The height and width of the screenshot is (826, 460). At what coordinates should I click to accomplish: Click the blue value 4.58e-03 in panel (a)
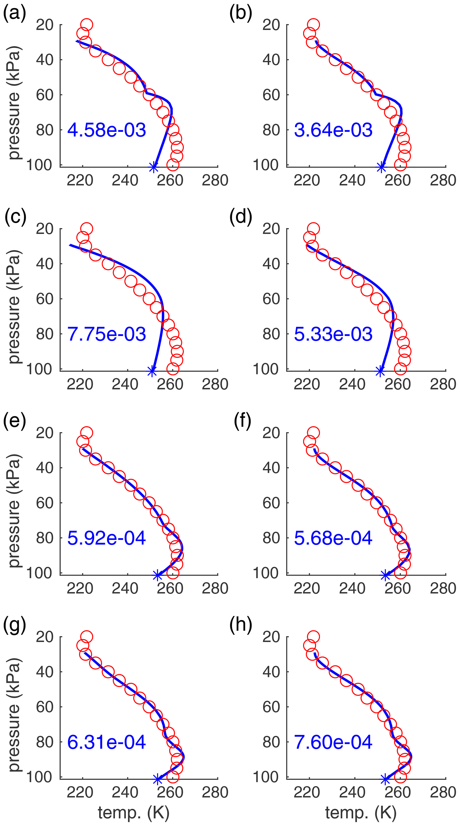coord(107,130)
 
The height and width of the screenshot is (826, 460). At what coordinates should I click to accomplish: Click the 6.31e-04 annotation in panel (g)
coord(107,742)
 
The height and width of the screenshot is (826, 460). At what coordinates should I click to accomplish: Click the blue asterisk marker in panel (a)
coord(154,167)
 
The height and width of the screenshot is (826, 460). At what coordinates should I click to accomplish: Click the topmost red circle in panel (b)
coord(313,24)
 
